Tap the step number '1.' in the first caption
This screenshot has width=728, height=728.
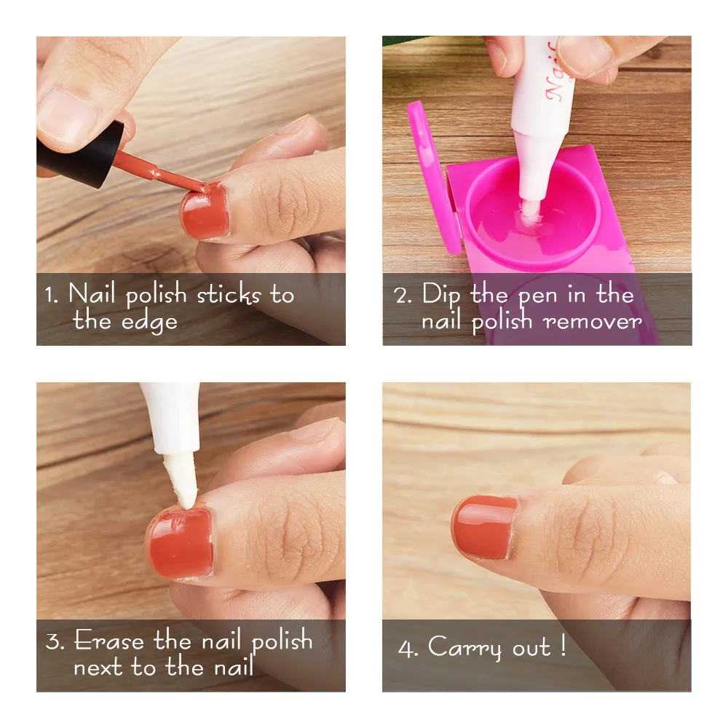pos(50,296)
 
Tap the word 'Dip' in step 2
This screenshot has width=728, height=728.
pos(441,296)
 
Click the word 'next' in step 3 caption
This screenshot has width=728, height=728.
pos(99,667)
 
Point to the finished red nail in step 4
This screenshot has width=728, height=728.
pos(485,527)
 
